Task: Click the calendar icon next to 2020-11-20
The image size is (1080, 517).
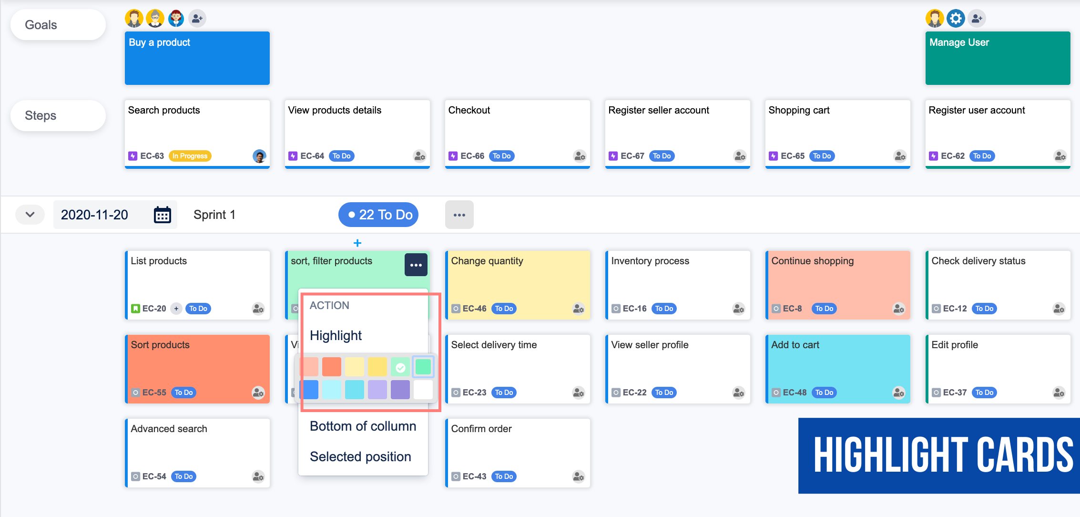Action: pyautogui.click(x=162, y=215)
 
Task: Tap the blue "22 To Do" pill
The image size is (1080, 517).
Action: pyautogui.click(x=378, y=215)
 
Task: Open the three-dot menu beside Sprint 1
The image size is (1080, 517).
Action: pyautogui.click(x=459, y=215)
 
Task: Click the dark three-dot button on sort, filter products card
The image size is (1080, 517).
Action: pyautogui.click(x=416, y=265)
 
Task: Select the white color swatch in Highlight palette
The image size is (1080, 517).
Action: pyautogui.click(x=423, y=390)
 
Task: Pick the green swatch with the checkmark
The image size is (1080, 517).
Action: pyautogui.click(x=400, y=367)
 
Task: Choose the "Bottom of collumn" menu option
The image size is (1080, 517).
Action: pyautogui.click(x=363, y=426)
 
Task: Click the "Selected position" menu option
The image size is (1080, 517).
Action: pyautogui.click(x=360, y=456)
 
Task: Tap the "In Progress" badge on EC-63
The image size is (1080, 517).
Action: pyautogui.click(x=190, y=156)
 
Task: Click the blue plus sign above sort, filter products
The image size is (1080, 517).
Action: pyautogui.click(x=357, y=243)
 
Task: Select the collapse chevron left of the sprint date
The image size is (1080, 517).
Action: pyautogui.click(x=30, y=215)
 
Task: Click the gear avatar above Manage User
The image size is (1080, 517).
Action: pyautogui.click(x=956, y=19)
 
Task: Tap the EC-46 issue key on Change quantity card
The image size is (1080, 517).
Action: pyautogui.click(x=474, y=309)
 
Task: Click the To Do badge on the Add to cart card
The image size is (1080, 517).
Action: pyautogui.click(x=824, y=393)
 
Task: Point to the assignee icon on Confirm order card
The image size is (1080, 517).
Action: pyautogui.click(x=579, y=476)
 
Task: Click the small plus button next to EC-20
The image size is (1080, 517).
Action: pyautogui.click(x=176, y=309)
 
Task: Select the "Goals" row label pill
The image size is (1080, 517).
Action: pyautogui.click(x=58, y=25)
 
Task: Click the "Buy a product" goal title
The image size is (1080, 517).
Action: pyautogui.click(x=160, y=42)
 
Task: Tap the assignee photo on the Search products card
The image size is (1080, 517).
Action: pyautogui.click(x=259, y=156)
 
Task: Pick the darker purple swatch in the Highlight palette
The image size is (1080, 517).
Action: pyautogui.click(x=400, y=390)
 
